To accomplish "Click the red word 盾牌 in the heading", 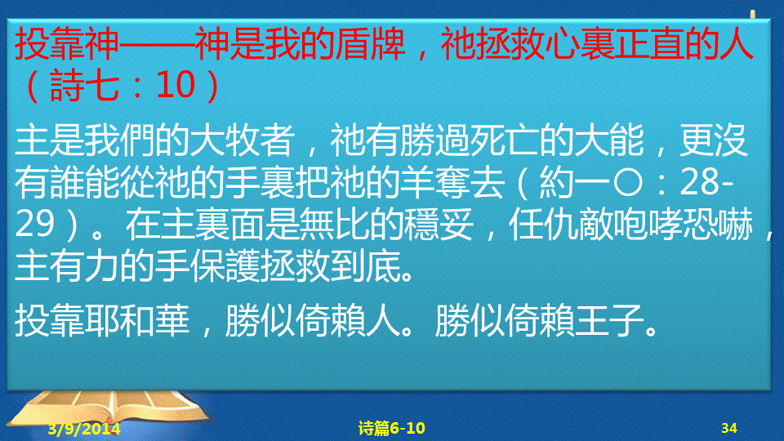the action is click(x=370, y=44).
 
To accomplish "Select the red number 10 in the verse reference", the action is click(x=176, y=84).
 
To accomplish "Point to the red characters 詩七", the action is click(x=83, y=85).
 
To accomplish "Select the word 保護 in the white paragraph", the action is click(x=225, y=265).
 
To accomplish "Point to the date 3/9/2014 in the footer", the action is click(x=84, y=429).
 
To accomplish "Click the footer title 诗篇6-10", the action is click(x=391, y=428).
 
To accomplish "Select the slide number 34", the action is click(x=729, y=428).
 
